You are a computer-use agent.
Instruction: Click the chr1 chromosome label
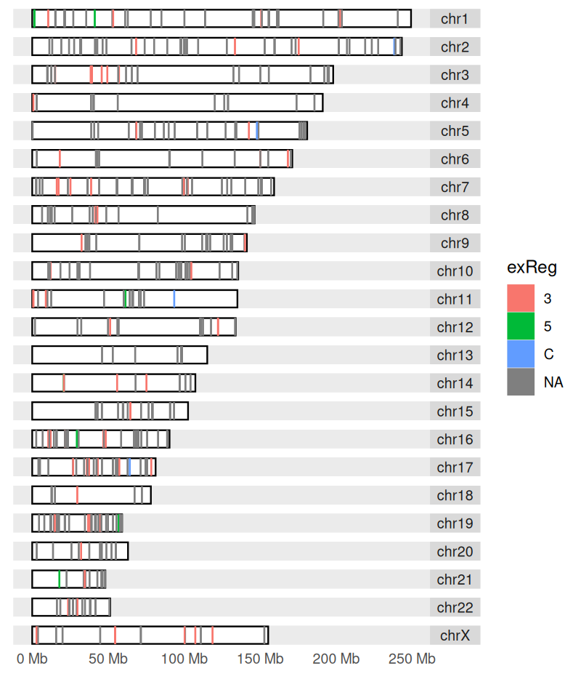click(455, 19)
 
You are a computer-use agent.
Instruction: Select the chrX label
click(455, 635)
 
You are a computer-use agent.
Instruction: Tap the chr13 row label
click(455, 356)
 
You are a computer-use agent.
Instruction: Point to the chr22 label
click(455, 608)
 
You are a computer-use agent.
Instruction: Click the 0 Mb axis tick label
click(32, 659)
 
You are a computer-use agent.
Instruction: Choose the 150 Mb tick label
click(262, 659)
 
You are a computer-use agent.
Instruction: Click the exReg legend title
click(532, 268)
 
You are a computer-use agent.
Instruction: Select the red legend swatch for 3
click(521, 298)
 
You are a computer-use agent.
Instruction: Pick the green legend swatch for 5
click(521, 326)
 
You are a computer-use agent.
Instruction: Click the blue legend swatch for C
click(521, 354)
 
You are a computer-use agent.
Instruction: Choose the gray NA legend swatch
click(521, 382)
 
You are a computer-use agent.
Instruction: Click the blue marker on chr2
click(394, 47)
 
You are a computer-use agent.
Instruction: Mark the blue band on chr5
click(257, 131)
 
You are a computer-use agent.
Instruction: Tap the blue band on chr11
click(174, 299)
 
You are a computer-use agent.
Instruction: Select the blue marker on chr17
click(129, 467)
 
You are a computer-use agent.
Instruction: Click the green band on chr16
click(77, 439)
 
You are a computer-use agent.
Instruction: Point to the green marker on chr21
click(60, 579)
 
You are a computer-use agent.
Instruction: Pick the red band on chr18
click(77, 495)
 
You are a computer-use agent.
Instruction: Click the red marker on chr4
click(33, 103)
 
